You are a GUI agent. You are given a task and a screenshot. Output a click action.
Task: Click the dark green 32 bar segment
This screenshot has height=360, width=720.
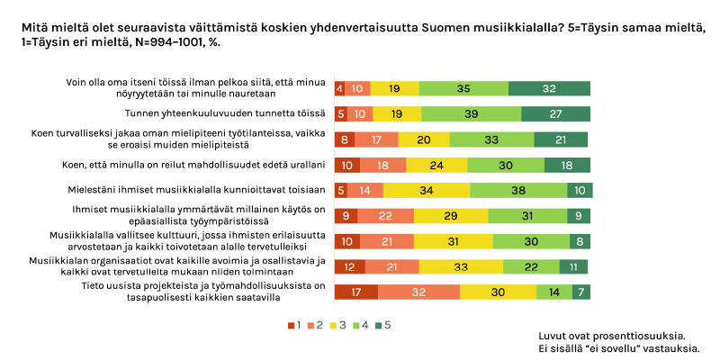coord(549,88)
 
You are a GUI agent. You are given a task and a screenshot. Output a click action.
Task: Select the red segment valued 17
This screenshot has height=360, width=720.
coord(355,292)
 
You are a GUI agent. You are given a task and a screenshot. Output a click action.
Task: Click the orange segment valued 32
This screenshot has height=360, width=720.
coord(419,292)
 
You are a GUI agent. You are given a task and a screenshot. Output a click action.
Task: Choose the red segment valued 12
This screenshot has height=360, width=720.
coord(349,266)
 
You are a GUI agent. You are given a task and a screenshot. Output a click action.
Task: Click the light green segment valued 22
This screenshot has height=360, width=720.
coord(531,266)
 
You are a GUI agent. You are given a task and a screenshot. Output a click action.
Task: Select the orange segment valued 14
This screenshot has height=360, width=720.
coord(365,190)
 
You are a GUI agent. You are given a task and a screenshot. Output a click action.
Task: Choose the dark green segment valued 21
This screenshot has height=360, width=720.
coord(562,139)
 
